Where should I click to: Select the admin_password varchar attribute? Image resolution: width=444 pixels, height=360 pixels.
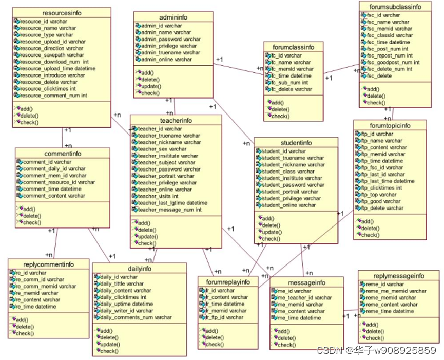171,39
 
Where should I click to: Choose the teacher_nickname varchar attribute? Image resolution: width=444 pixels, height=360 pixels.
168,142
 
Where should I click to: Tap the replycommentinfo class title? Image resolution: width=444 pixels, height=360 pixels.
49,264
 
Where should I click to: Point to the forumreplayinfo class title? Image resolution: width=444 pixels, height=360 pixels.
227,282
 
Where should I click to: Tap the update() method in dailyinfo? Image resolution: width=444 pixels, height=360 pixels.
108,344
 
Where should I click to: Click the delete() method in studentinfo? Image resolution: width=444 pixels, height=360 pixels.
272,225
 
